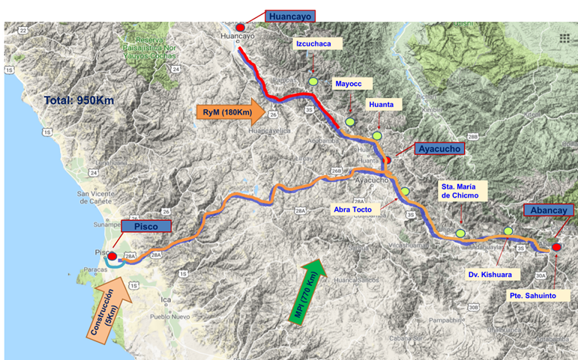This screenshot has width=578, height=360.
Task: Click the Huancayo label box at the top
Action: pos(290,14)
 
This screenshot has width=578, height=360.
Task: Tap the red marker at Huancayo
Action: pos(240,28)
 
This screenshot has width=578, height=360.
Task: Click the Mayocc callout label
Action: pos(349,84)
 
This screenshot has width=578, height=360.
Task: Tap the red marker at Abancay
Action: pos(556,247)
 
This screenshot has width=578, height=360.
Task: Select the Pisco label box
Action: pos(146,226)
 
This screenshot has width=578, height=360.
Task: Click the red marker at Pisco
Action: pos(112,256)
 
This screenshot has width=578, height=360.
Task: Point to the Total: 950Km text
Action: pos(77,100)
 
